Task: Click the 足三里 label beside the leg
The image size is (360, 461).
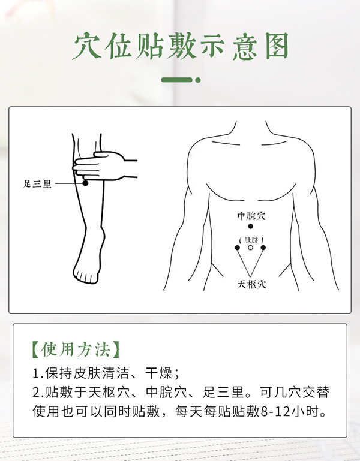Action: click(37, 184)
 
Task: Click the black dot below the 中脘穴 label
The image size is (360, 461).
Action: click(251, 227)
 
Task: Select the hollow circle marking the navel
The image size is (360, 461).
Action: click(251, 247)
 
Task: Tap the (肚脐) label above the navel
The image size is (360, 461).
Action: click(251, 239)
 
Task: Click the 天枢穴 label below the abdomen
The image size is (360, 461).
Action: click(251, 284)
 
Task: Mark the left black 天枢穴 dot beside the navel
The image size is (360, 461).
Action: click(238, 247)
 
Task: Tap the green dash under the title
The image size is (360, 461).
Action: click(177, 80)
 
